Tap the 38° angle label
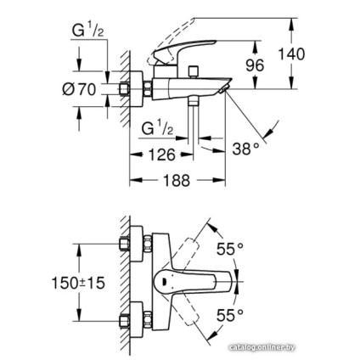click(245, 149)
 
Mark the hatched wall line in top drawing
click(124, 85)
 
